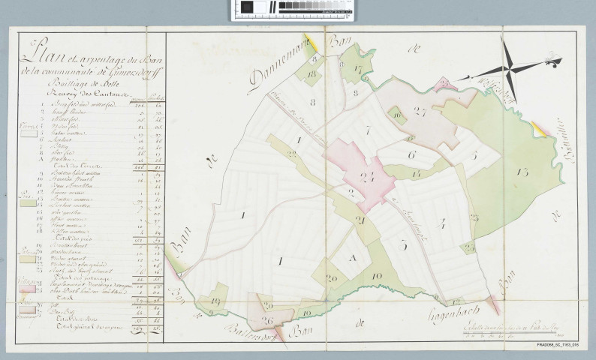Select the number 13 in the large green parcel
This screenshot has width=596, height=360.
[522, 172]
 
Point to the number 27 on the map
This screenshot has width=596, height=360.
[420, 112]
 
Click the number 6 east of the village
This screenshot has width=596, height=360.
[411, 154]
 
